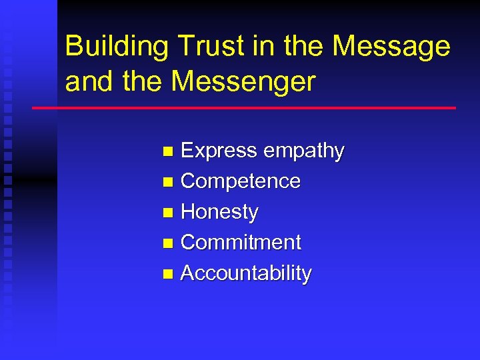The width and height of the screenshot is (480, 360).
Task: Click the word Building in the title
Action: (x=117, y=47)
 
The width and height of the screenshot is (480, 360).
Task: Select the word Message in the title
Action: (x=391, y=47)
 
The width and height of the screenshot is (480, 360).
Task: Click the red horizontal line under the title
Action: (x=244, y=108)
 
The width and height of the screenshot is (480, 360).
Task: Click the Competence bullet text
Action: (x=241, y=181)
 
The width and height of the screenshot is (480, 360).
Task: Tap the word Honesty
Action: (x=219, y=212)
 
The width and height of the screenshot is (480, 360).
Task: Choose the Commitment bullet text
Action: (x=241, y=242)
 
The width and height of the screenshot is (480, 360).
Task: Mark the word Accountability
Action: (x=246, y=273)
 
